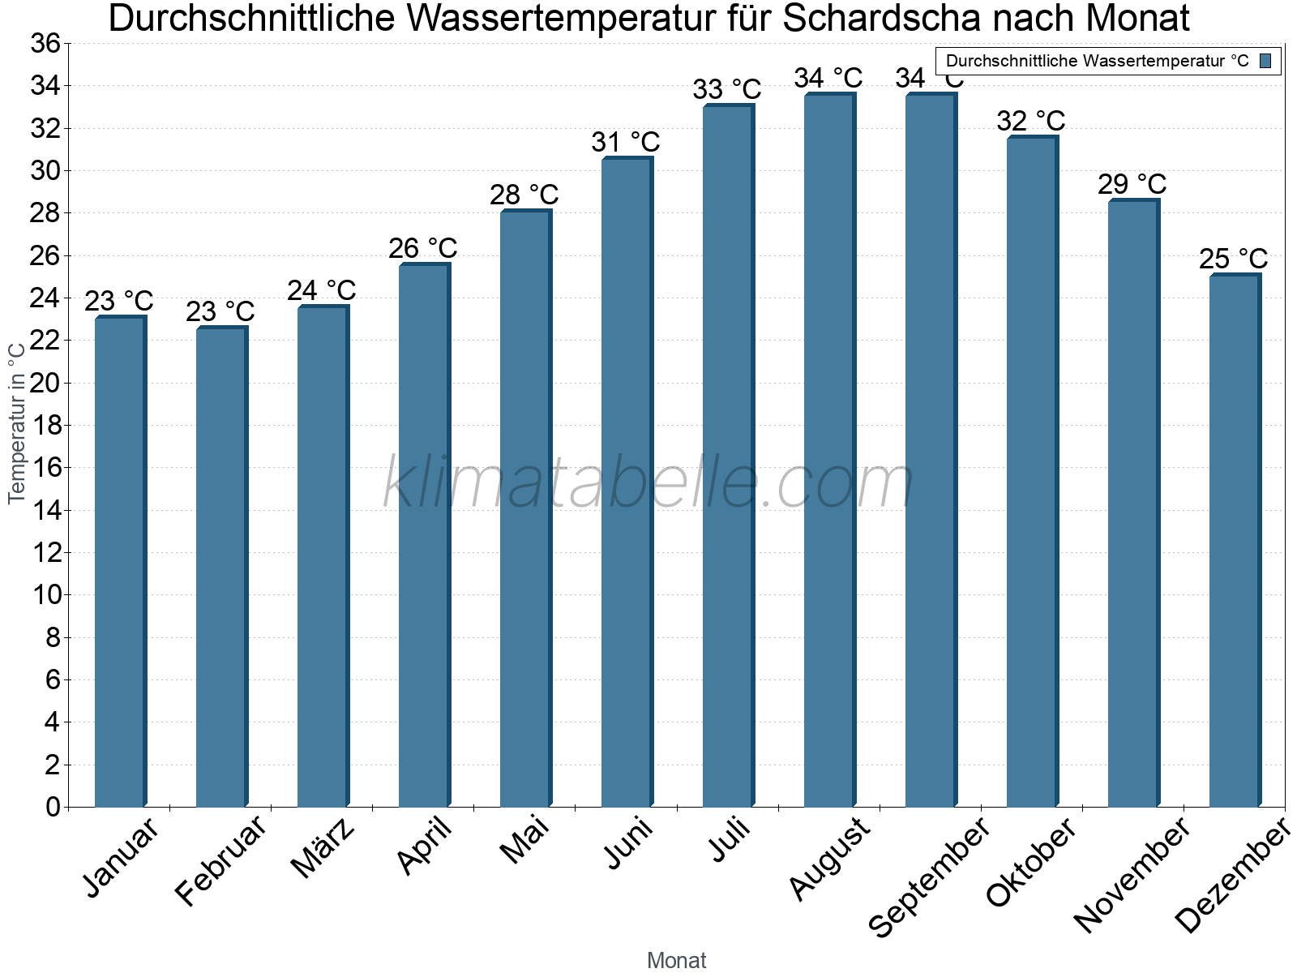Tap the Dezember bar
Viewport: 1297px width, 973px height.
tap(1235, 541)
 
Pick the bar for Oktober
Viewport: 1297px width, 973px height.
tap(1032, 472)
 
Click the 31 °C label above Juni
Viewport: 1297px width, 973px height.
tap(625, 143)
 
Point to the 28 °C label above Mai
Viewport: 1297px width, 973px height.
tap(524, 195)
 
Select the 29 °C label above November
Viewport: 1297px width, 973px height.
tap(1132, 185)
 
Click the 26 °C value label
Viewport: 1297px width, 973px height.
tap(422, 248)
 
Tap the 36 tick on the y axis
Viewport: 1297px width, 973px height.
tap(45, 44)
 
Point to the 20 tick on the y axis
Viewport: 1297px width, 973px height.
tap(45, 383)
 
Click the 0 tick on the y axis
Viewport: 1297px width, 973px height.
tap(53, 807)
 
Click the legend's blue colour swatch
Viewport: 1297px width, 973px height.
tap(1265, 61)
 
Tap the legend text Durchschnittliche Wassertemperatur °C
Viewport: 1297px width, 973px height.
tap(1097, 61)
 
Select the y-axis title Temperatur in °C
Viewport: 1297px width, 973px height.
tap(16, 422)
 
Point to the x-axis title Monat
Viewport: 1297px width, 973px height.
tap(676, 961)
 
